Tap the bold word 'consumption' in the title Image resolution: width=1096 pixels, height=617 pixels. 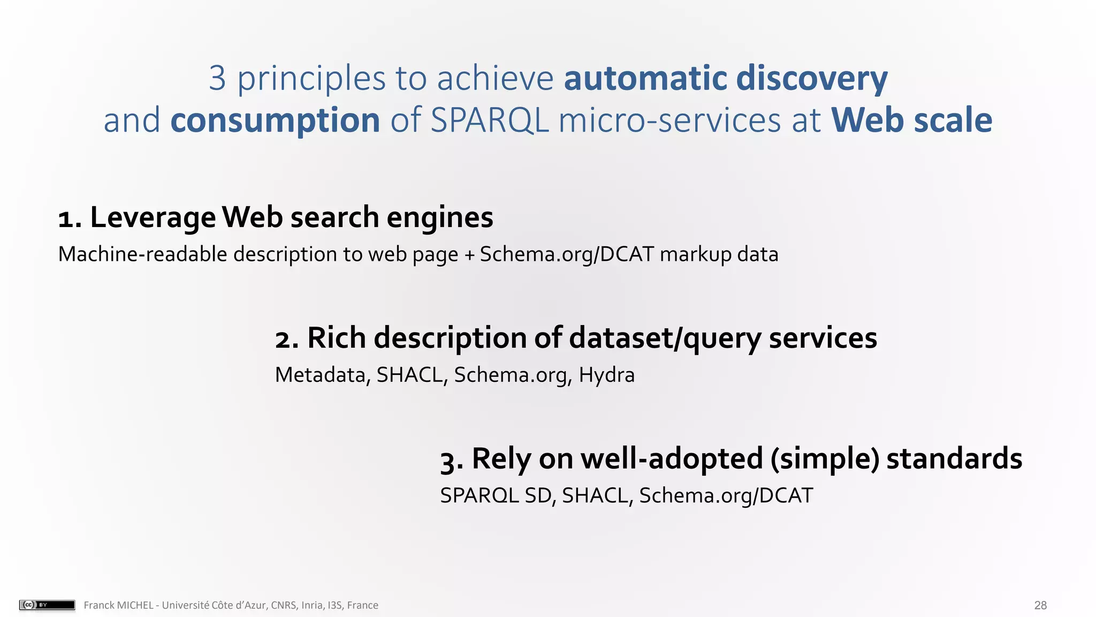pos(275,121)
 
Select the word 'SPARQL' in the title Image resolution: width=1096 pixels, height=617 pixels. pos(489,121)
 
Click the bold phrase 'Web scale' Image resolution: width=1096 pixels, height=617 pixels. pos(911,121)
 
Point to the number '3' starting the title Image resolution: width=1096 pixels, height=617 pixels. pos(217,79)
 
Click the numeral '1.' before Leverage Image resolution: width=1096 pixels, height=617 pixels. pos(70,219)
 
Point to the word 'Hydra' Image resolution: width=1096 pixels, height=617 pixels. pos(606,375)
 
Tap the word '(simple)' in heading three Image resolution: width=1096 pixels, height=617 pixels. pos(825,460)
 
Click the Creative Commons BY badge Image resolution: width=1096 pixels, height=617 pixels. pos(47,605)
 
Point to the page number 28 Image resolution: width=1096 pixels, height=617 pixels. pos(1040,605)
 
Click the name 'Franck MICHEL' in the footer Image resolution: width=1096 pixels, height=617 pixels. pos(118,605)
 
